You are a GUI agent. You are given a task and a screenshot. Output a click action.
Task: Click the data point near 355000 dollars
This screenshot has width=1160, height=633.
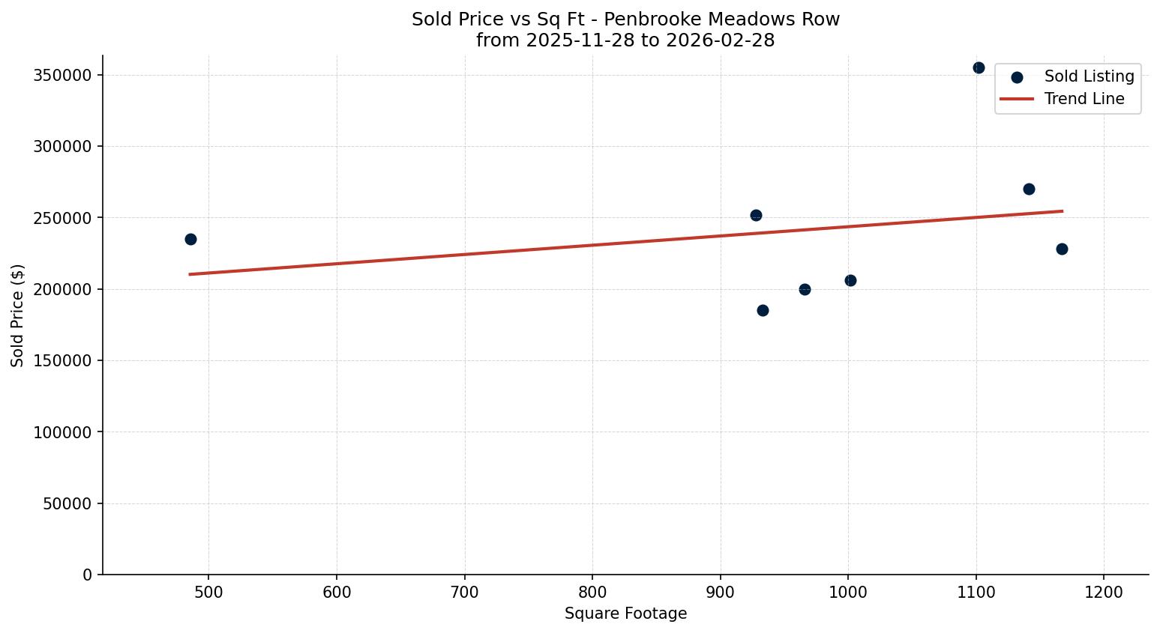979,67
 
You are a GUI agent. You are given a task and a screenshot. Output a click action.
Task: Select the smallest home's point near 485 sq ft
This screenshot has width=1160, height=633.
190,239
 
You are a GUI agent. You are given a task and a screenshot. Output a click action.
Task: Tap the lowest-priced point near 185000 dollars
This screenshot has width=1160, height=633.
763,310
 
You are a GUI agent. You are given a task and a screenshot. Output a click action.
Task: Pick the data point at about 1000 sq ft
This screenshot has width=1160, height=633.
850,280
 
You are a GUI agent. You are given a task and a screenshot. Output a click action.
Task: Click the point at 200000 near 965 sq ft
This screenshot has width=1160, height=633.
805,289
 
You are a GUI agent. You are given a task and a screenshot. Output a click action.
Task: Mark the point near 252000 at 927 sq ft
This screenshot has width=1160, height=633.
756,215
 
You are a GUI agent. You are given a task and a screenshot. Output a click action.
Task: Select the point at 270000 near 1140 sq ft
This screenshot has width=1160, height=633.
1029,189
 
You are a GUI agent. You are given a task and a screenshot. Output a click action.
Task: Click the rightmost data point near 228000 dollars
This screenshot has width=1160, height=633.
1062,249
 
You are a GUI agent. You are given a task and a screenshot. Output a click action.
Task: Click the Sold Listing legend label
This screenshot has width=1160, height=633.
1089,76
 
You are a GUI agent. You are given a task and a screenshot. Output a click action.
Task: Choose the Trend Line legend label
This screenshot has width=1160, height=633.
1084,99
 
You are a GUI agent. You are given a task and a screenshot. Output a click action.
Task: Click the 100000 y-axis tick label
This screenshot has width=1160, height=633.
62,432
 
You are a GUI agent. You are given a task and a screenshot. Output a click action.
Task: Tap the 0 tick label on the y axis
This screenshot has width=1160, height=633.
88,575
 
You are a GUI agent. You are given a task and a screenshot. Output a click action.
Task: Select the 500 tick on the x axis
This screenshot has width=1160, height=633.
208,593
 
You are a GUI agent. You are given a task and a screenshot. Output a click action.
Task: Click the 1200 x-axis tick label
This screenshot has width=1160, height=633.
1104,593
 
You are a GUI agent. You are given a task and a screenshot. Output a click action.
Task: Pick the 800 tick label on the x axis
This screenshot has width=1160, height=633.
592,593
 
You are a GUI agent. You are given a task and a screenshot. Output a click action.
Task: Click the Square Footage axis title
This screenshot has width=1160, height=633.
625,614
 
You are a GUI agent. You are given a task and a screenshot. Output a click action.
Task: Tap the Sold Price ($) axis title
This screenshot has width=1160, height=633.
17,315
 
